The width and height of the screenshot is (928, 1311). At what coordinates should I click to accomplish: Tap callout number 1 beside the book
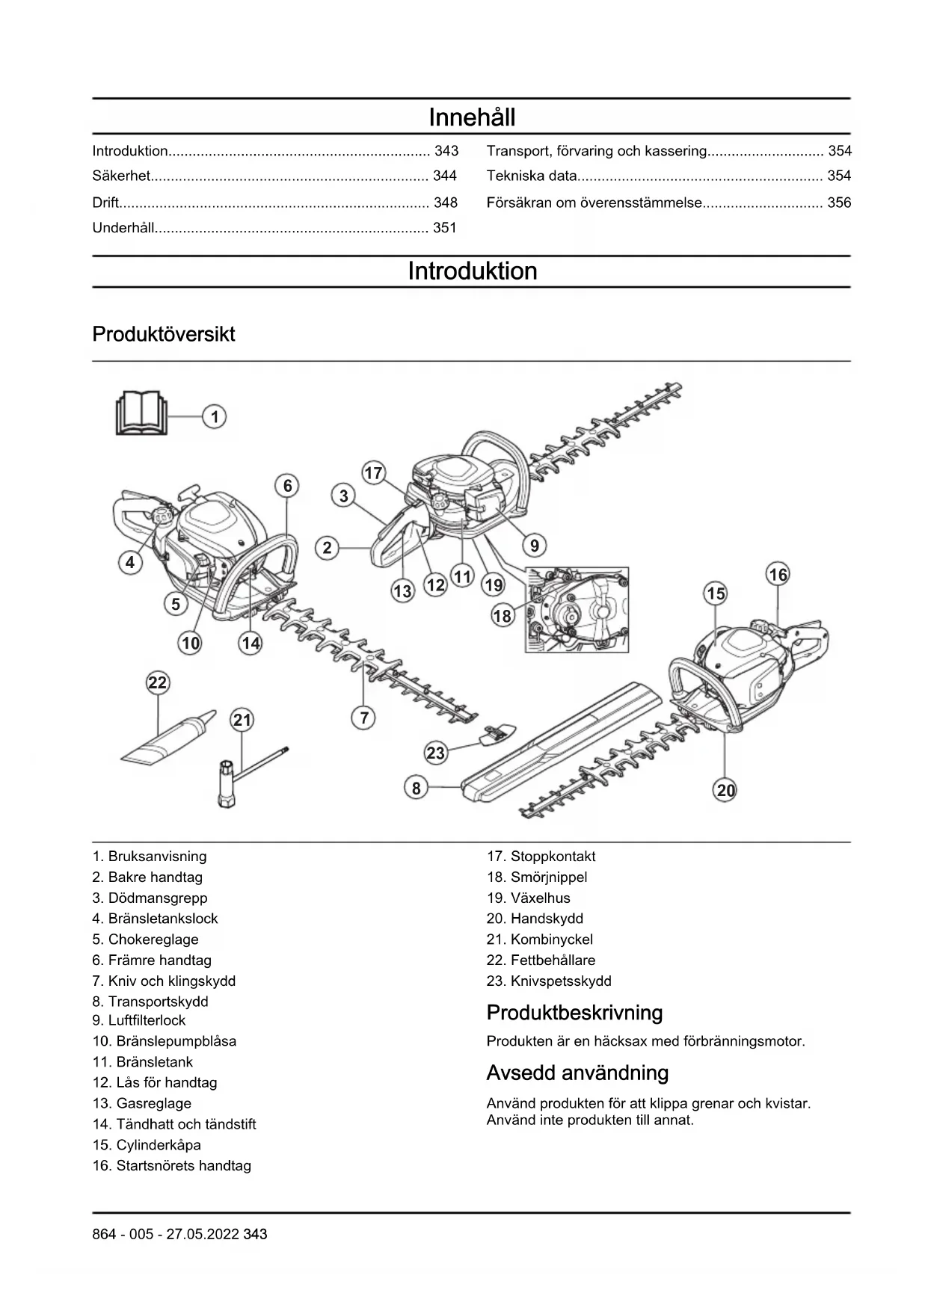point(215,416)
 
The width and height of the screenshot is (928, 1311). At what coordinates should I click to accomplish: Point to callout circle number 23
point(435,753)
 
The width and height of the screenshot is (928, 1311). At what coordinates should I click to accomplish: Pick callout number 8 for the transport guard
point(417,787)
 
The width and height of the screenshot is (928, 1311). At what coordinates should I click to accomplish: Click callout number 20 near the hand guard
point(725,790)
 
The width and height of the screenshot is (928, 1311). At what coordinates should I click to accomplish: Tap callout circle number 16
point(778,574)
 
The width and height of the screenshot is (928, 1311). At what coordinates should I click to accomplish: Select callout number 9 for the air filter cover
point(534,546)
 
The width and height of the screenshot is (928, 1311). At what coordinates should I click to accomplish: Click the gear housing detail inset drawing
point(577,609)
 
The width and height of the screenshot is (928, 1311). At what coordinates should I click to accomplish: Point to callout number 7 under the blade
point(363,718)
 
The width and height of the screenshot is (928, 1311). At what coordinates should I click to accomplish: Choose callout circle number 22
point(157,682)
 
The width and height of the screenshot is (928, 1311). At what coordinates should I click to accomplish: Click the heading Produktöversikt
point(164,334)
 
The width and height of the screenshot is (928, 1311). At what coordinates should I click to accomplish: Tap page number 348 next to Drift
point(445,203)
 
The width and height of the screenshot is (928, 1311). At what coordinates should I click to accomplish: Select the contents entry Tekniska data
point(532,176)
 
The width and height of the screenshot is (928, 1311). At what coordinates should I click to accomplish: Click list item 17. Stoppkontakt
point(541,857)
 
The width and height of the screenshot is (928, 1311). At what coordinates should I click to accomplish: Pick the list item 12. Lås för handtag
point(155,1082)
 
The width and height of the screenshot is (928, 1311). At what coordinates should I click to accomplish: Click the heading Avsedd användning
point(577,1073)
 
